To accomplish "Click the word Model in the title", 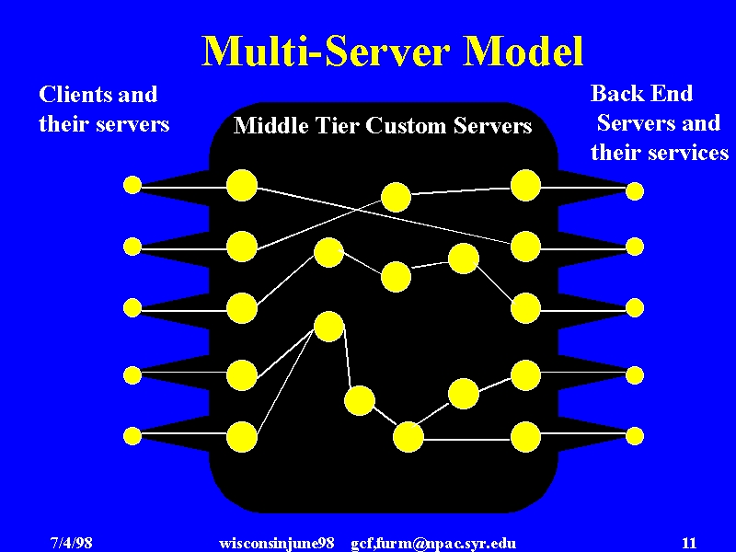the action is pos(523,51).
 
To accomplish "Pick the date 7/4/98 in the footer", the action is pos(72,543).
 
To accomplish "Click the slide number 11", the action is pos(689,543).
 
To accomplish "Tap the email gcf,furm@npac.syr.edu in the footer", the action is pos(433,544).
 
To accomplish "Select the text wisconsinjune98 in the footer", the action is pos(277,544).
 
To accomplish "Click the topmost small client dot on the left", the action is pos(132,185).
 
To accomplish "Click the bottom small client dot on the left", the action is pos(132,436).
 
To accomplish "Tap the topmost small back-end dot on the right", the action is pos(635,191).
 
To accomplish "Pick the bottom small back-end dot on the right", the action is pos(635,436).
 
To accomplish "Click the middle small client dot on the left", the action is pos(132,308).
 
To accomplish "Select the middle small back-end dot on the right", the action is pos(635,308).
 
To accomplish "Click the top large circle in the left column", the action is pos(242,186).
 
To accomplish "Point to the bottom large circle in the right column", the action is pos(525,436).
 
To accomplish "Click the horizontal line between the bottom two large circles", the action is pos(466,440).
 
